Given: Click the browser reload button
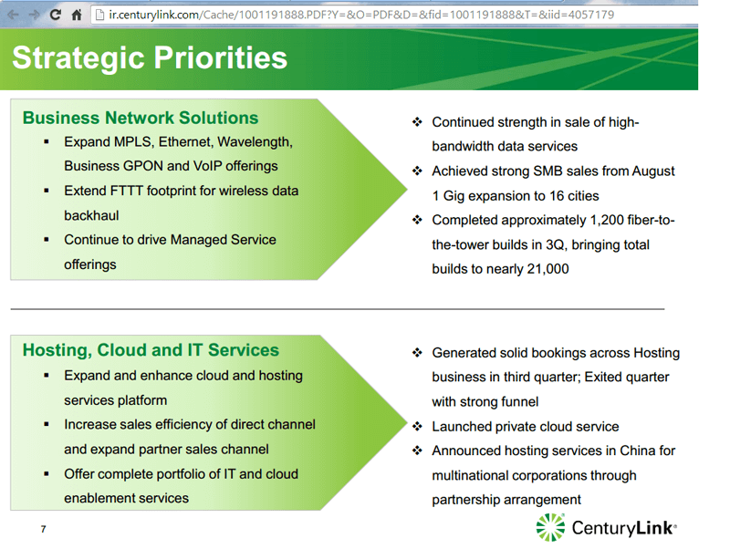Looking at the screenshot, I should click(x=56, y=15).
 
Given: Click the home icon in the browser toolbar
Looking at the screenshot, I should click(x=77, y=15).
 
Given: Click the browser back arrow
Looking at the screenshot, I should click(x=13, y=15).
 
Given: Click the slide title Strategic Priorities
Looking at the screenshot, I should click(x=150, y=58).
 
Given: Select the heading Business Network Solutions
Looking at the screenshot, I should click(x=141, y=118).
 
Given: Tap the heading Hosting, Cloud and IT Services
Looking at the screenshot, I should click(x=151, y=350).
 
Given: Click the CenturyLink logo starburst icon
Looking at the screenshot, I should click(x=550, y=527).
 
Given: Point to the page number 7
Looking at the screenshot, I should click(x=43, y=529).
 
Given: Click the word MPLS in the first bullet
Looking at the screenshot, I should click(x=136, y=142).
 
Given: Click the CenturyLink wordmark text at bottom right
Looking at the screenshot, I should click(x=623, y=527).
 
